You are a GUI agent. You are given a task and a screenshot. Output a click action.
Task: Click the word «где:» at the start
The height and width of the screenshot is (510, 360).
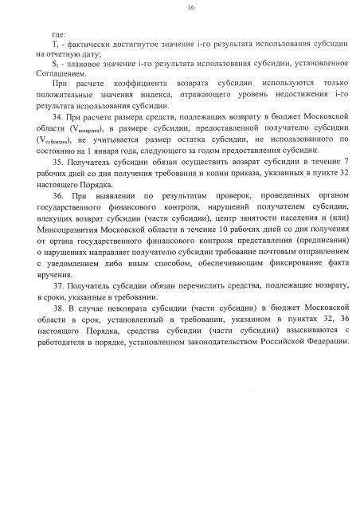click(57, 37)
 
